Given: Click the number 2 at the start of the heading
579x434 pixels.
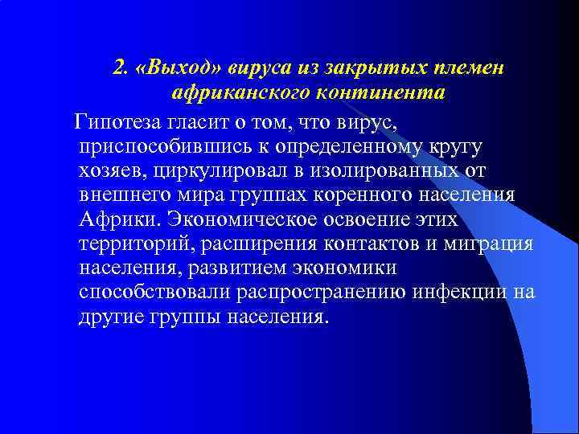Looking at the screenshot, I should coord(119,68).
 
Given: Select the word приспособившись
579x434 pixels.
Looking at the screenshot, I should coord(164,147).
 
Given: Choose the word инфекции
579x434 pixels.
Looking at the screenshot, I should coord(459,293).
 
